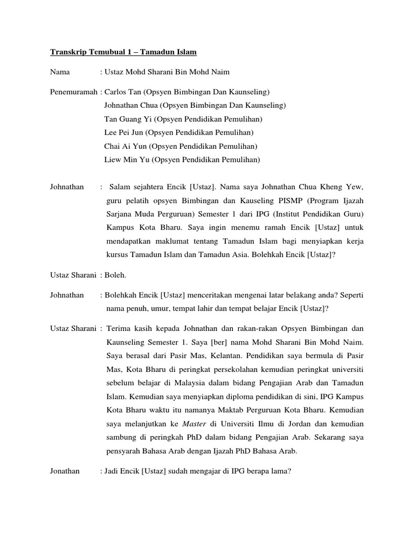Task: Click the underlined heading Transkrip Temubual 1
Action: (123, 52)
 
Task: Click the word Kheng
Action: (330, 187)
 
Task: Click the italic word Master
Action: (195, 424)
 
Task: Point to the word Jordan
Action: (293, 424)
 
